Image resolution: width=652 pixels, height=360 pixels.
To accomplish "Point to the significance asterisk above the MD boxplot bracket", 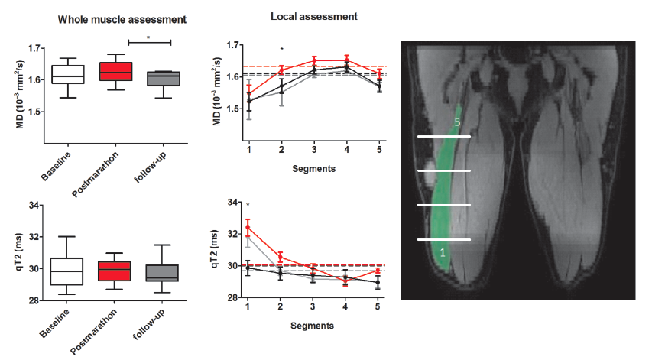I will (x=148, y=35).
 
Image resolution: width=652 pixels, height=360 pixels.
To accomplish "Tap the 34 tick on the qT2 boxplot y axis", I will (x=35, y=206).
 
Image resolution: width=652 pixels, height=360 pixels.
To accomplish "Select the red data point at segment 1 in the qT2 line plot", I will (x=248, y=227).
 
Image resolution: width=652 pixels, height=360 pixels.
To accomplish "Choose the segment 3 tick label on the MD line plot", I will (x=314, y=149).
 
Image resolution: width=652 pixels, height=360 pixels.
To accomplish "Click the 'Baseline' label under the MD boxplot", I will (x=58, y=162).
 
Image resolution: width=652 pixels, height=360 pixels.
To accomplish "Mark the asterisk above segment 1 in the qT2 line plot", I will (x=248, y=205).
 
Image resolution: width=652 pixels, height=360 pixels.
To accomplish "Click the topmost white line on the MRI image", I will (x=443, y=136).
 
